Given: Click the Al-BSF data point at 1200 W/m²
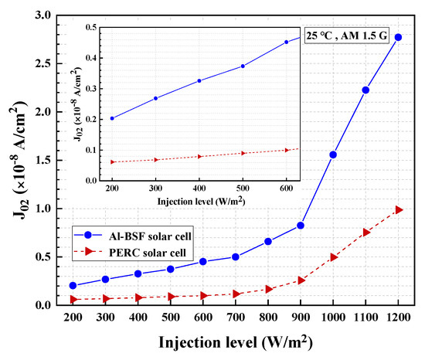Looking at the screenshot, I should coord(398,37).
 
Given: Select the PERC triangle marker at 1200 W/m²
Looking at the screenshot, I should coord(399,210).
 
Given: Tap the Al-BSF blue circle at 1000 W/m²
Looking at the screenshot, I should coord(333,155).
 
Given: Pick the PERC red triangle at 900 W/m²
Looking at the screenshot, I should coord(301,280).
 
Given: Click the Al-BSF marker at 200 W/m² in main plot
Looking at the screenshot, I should coord(73,286).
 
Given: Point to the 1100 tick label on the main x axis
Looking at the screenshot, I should coord(365,318).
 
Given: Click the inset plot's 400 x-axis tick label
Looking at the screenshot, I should coord(199,189).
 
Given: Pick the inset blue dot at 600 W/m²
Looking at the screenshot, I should coord(286,42).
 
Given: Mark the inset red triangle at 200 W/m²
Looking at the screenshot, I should coord(112,162).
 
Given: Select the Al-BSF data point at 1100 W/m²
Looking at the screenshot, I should coord(365,90).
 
